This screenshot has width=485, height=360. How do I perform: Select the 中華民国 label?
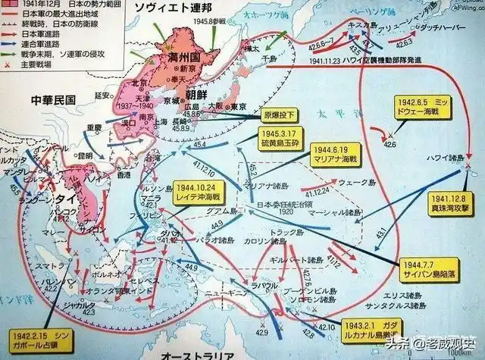(52, 99)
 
